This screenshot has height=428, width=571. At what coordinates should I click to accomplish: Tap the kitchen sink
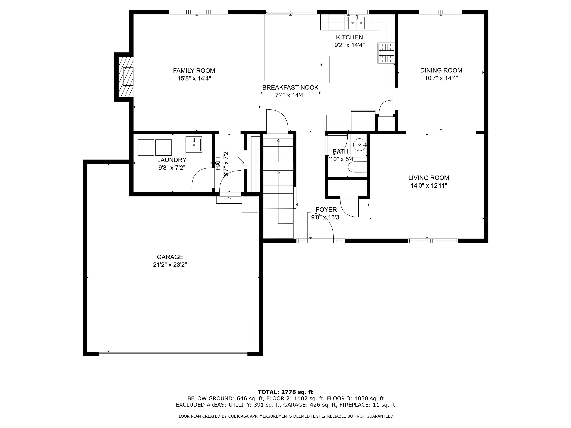(357, 23)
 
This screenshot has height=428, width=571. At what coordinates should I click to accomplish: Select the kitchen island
(341, 69)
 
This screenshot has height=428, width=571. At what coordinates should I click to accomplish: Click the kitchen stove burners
(386, 53)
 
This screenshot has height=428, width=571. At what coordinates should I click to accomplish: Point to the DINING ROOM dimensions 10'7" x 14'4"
(441, 78)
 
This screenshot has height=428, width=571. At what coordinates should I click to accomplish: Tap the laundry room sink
(194, 145)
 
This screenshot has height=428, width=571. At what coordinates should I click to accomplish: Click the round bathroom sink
(360, 145)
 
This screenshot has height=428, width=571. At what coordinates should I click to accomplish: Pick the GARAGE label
(170, 257)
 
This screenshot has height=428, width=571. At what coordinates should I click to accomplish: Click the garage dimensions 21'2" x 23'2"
(170, 265)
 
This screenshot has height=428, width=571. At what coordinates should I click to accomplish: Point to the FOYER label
(326, 210)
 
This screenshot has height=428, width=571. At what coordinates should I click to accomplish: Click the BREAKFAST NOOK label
(290, 87)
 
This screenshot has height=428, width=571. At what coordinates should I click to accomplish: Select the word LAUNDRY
(172, 160)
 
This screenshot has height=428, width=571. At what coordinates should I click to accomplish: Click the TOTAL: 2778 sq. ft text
(285, 392)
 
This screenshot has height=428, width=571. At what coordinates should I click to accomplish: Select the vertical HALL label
(218, 163)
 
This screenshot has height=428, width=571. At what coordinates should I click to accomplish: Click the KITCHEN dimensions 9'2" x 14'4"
(349, 45)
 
